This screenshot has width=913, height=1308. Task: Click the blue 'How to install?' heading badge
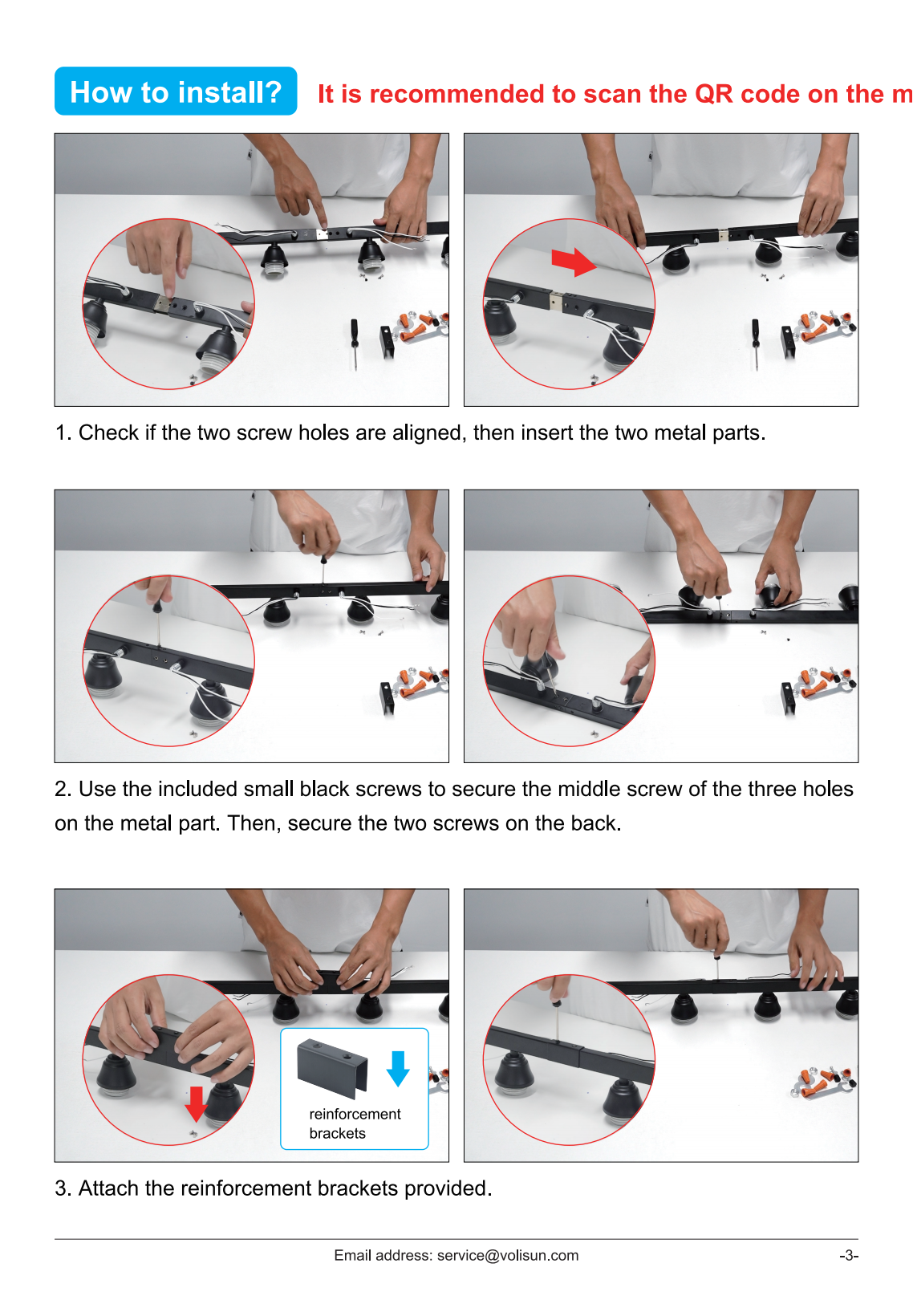click(176, 91)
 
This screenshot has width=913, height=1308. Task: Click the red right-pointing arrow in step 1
click(574, 261)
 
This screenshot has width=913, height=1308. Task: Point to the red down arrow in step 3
click(196, 1103)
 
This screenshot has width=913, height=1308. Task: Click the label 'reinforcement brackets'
click(355, 1123)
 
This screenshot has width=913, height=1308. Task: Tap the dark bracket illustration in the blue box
click(332, 1067)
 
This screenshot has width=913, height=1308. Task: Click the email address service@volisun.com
click(507, 1256)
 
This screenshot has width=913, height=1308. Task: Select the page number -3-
click(848, 1256)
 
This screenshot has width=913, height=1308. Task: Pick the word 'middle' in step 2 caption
click(589, 789)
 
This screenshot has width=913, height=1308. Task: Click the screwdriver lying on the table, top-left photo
click(354, 344)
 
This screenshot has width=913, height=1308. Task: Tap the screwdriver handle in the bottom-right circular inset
click(558, 1004)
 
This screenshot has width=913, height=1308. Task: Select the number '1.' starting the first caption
click(63, 433)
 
